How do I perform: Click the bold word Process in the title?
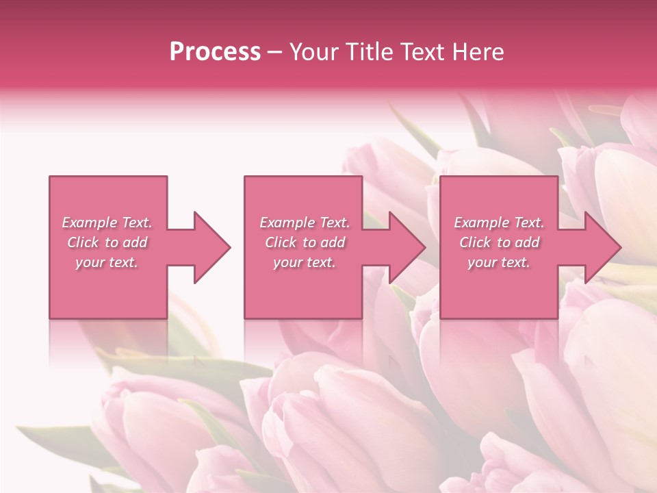(x=215, y=52)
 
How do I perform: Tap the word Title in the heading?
(x=369, y=52)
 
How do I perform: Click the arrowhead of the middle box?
(x=407, y=247)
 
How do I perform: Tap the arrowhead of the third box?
(x=602, y=247)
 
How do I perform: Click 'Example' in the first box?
(x=88, y=223)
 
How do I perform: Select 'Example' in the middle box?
(x=286, y=223)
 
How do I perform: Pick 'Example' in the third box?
(x=480, y=223)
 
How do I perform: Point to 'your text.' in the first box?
(x=107, y=262)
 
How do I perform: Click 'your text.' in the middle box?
(x=305, y=262)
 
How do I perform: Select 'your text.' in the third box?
(x=499, y=262)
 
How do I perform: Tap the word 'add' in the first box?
(x=134, y=242)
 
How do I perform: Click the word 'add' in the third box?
(x=526, y=242)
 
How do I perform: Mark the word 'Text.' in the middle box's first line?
(x=333, y=223)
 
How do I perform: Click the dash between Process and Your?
(x=275, y=53)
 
